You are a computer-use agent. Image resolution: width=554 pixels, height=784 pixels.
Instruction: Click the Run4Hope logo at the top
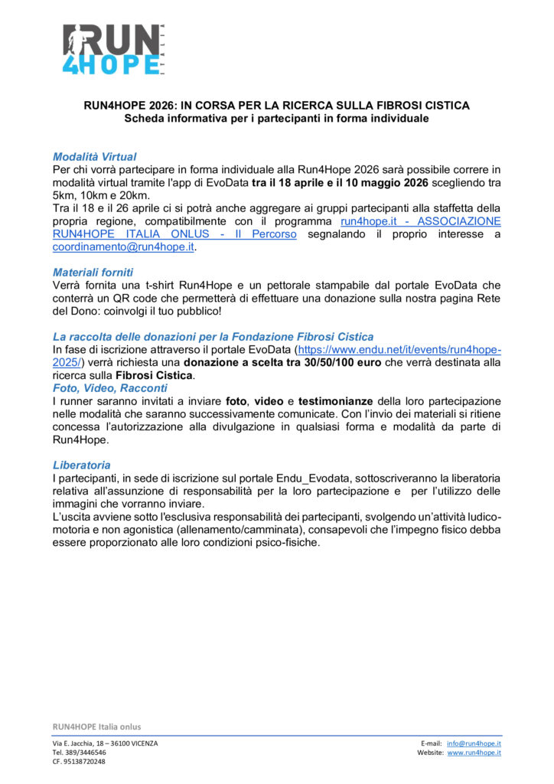point(116,50)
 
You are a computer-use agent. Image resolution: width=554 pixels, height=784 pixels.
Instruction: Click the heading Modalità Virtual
point(94,157)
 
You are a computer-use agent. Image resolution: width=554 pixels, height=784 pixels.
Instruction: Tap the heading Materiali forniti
point(93,272)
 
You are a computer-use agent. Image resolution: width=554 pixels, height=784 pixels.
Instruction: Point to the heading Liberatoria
point(81,465)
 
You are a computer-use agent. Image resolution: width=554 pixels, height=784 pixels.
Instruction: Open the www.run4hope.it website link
point(474,753)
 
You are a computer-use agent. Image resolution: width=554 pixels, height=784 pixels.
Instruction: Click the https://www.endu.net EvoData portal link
point(399,349)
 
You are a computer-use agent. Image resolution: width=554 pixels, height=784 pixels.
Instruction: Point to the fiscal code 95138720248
point(80,762)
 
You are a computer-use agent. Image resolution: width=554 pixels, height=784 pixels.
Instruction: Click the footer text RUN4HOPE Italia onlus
point(96,727)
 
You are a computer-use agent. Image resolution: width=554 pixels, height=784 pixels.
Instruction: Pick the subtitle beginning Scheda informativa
point(276,119)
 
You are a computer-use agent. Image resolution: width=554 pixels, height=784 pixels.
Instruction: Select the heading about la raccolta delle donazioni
point(213,336)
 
